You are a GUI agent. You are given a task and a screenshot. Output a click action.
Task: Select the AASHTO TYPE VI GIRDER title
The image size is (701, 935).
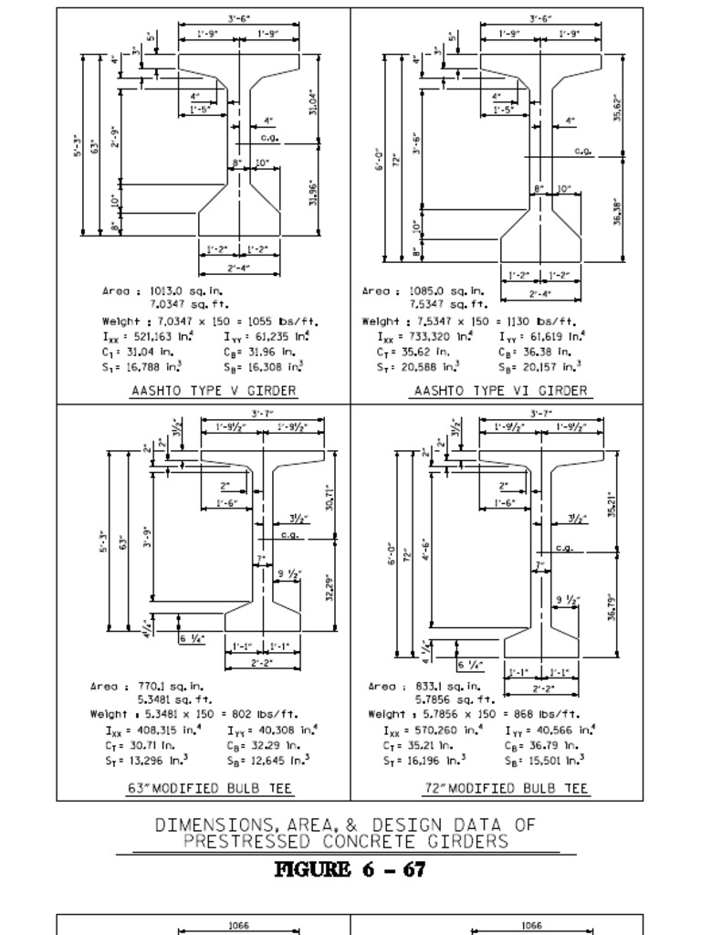502,391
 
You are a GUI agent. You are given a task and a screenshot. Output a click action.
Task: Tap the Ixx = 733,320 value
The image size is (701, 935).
425,336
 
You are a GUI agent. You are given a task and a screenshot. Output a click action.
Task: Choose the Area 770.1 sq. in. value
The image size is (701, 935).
147,686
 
